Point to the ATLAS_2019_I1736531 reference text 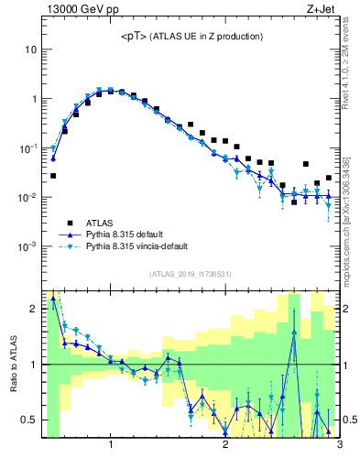pos(191,274)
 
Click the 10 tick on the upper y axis pos(31,49)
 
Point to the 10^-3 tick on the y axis pos(27,247)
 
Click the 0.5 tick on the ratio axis pos(29,420)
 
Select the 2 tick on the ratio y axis pos(33,309)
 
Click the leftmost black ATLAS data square pos(53,175)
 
